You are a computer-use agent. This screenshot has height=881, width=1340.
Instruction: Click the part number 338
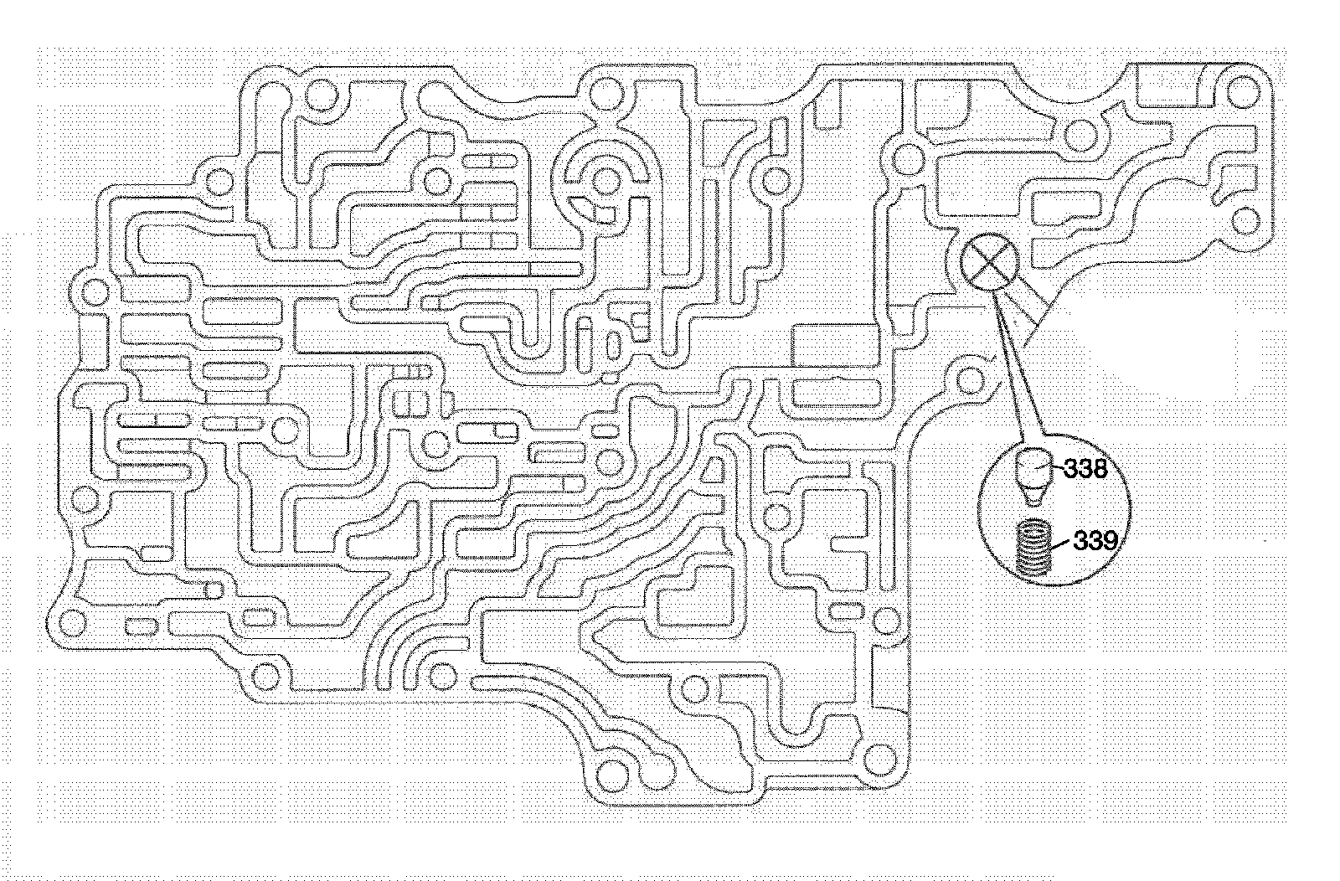tap(1085, 469)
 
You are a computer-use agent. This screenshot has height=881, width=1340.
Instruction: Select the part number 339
tap(1095, 541)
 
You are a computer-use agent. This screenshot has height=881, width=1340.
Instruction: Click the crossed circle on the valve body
tap(989, 261)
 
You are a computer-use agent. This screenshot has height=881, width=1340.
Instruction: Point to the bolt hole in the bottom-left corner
tap(74, 621)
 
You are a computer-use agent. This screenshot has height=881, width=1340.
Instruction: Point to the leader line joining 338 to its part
tap(1057, 470)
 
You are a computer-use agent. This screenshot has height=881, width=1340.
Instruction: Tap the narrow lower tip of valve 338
tap(1036, 500)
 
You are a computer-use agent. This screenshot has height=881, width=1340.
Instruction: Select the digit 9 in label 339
tap(1107, 541)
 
